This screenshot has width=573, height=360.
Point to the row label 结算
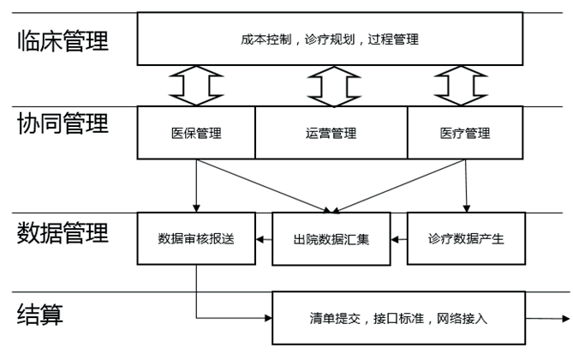tap(40, 315)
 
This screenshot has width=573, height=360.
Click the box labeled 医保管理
tap(196, 133)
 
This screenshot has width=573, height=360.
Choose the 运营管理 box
tap(331, 133)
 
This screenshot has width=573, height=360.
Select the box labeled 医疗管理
tap(465, 133)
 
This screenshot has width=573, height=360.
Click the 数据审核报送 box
tap(196, 238)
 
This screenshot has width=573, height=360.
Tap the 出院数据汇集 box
tap(331, 238)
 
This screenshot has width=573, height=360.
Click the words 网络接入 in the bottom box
tap(463, 318)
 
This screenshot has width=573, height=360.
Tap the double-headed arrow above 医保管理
tap(196, 86)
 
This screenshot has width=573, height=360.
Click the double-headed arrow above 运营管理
tap(331, 86)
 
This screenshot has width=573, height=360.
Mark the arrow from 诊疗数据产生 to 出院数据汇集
tap(398, 239)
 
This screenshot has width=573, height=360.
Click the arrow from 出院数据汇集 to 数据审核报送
tap(265, 239)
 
